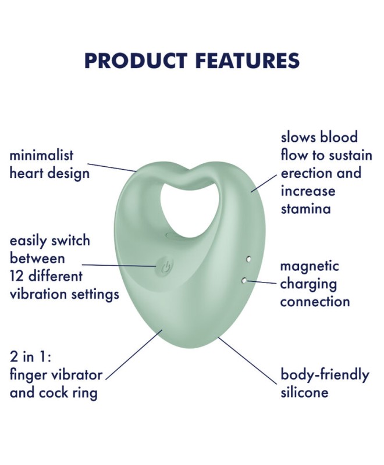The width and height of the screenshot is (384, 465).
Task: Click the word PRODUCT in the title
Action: coord(136,61)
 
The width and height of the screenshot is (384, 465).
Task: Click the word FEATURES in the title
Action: coord(247,61)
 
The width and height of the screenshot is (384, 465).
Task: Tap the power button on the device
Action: coord(165,267)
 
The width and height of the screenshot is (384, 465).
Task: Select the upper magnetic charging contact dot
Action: coord(248,259)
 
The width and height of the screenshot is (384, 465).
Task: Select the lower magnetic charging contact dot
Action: coord(244,280)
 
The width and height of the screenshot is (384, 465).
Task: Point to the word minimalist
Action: coord(41,155)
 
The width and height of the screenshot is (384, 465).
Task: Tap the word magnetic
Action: coord(309,266)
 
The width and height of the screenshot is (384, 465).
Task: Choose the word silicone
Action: coord(304,392)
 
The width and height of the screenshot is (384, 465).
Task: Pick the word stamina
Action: coord(305,209)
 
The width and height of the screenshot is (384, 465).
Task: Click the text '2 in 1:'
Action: coord(31,356)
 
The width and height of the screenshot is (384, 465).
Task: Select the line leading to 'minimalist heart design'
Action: coord(112,167)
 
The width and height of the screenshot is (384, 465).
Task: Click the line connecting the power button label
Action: coord(119,266)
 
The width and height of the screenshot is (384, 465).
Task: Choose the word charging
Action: coord(308,284)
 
